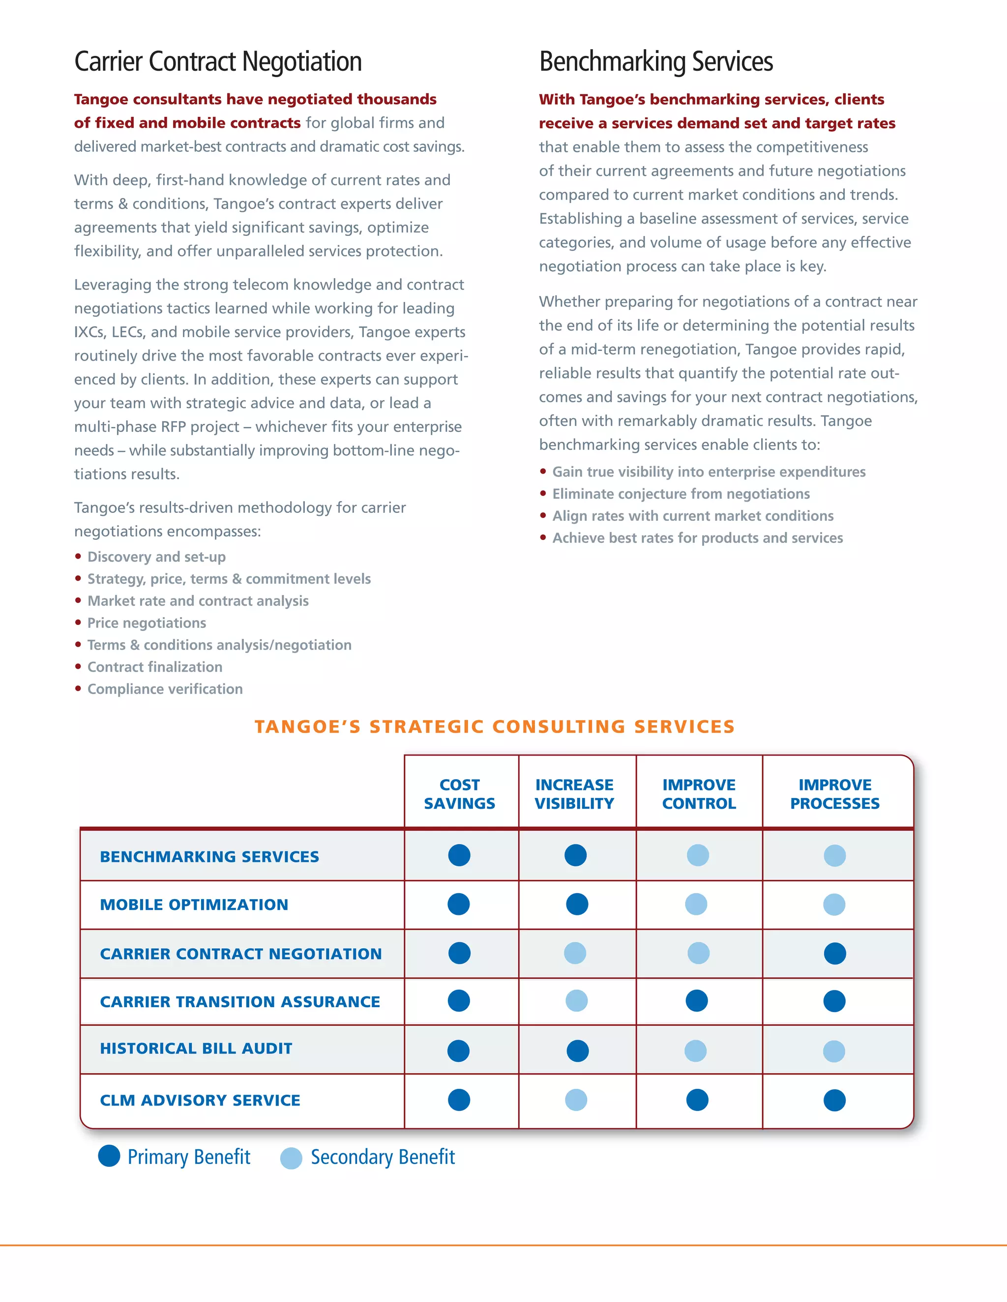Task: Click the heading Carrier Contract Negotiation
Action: (x=218, y=61)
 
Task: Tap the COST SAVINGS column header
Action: (x=459, y=794)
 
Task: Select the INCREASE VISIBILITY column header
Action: (x=574, y=794)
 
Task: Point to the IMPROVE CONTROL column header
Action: (x=699, y=794)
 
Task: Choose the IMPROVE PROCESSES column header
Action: (x=834, y=794)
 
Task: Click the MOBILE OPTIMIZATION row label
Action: (x=194, y=905)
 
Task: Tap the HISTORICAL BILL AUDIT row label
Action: (x=196, y=1048)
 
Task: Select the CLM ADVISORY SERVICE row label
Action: (x=200, y=1100)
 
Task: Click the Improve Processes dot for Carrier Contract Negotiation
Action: (x=834, y=953)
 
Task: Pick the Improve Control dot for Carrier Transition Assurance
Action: (x=697, y=1000)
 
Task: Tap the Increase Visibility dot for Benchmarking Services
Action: (x=576, y=855)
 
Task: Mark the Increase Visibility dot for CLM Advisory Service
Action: (x=576, y=1100)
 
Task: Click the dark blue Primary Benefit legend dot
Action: (x=109, y=1156)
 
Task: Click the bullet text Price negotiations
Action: (x=147, y=623)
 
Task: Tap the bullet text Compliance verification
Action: (x=165, y=689)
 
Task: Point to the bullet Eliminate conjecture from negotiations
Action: (x=681, y=494)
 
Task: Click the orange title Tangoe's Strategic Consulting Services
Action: (x=495, y=727)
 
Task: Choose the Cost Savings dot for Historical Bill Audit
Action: (x=458, y=1050)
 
